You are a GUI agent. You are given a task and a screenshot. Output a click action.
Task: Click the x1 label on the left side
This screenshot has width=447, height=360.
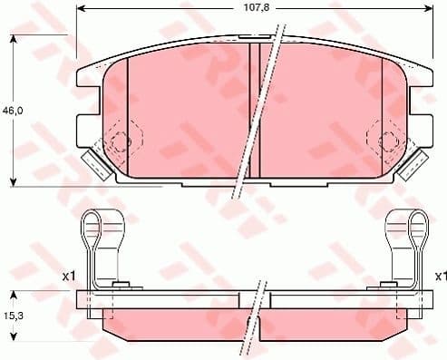(x=68, y=275)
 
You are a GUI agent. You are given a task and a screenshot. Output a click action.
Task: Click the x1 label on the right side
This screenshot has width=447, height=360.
(x=440, y=275)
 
